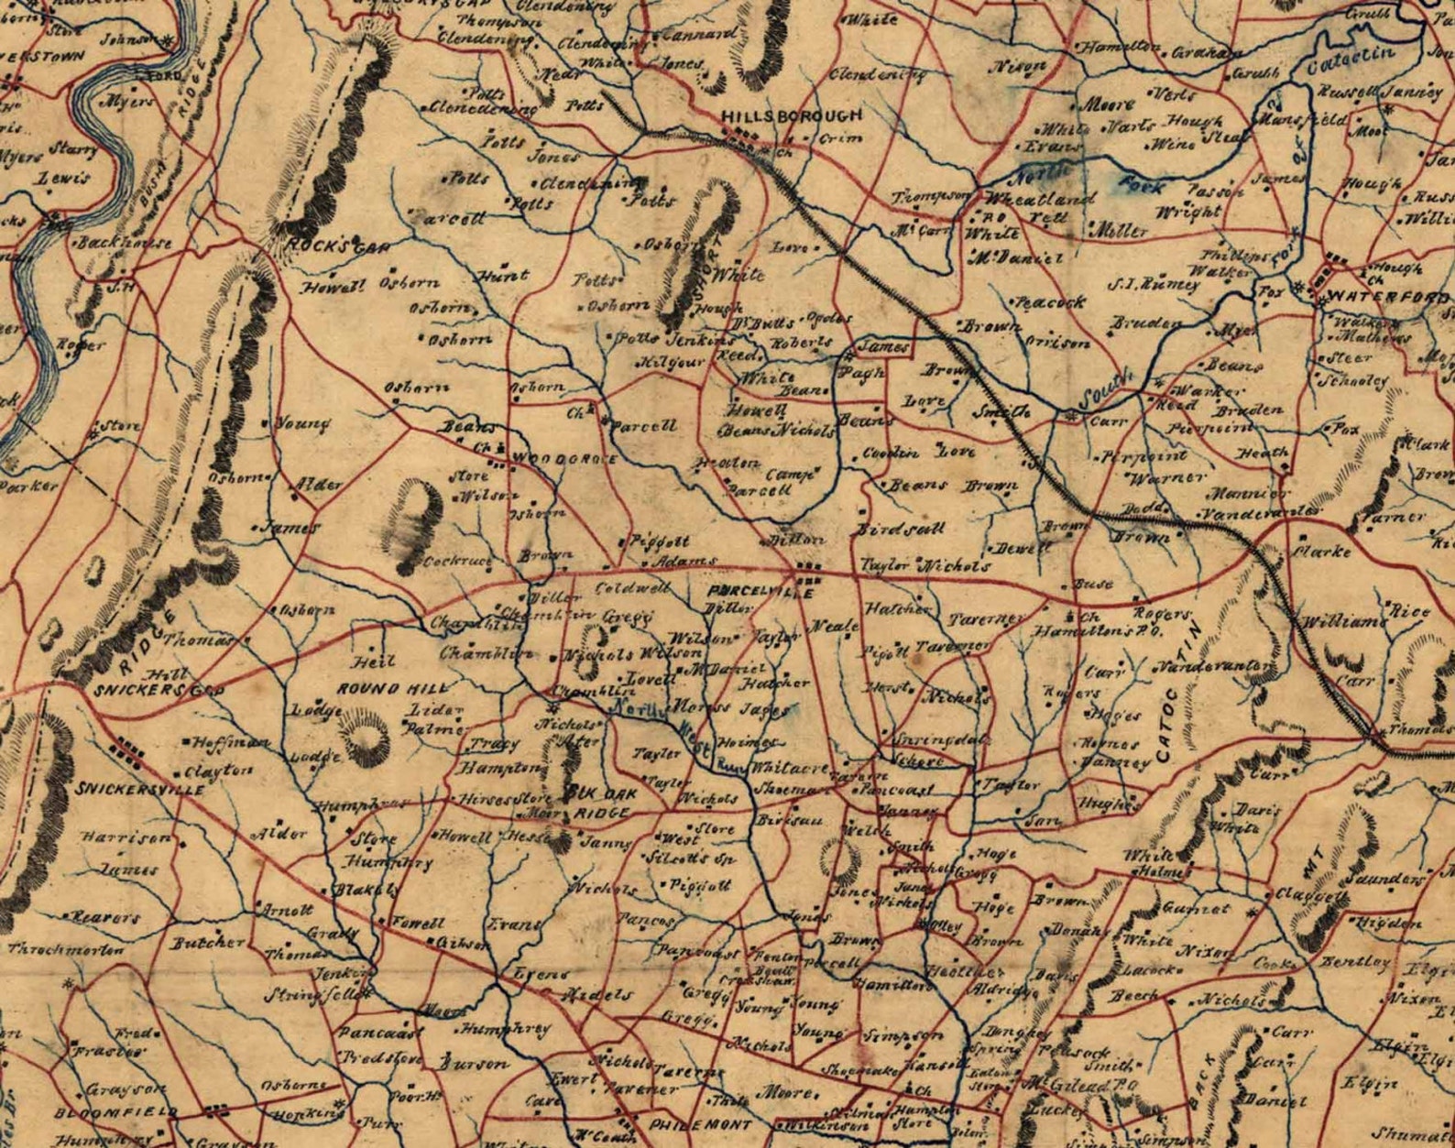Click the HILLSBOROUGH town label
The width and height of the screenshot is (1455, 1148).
point(792,116)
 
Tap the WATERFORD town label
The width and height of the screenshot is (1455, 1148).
point(1388,298)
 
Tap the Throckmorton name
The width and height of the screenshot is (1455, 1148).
point(66,950)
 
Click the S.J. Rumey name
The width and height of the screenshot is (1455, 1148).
point(1153,284)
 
